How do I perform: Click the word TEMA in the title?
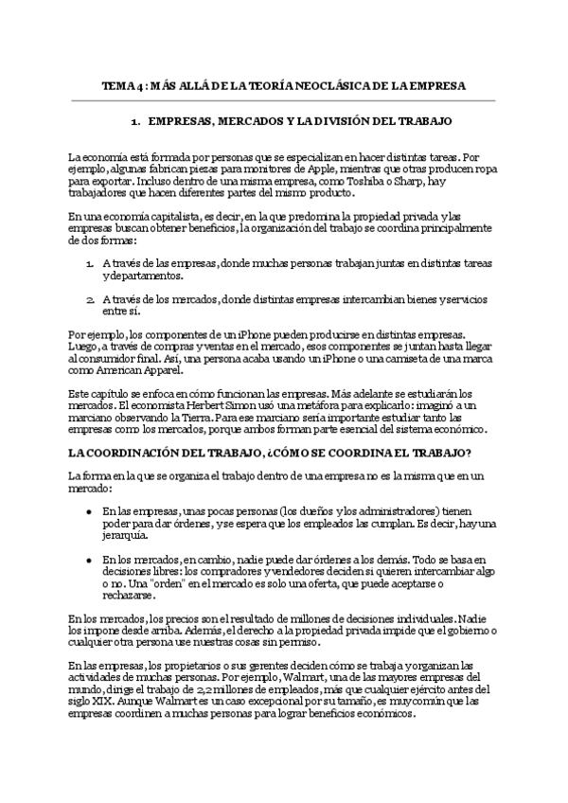pyautogui.click(x=117, y=85)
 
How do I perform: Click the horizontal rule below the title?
pyautogui.click(x=283, y=100)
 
